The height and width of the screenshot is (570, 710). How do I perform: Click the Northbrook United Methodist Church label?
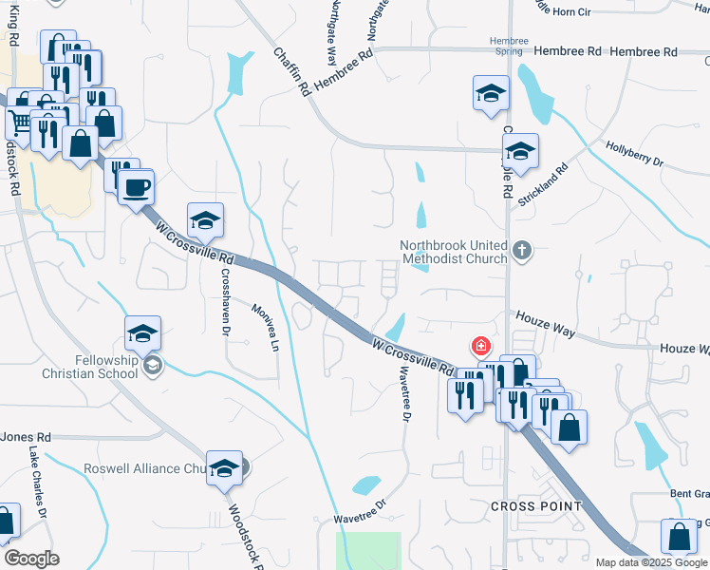click(454, 251)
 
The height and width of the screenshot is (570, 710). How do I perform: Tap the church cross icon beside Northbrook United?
click(521, 251)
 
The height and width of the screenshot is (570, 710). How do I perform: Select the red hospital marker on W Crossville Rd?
click(482, 345)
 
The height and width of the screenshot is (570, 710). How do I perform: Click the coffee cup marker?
click(137, 185)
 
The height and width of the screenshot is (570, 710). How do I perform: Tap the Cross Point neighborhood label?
click(536, 506)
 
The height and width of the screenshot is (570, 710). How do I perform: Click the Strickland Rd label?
click(548, 172)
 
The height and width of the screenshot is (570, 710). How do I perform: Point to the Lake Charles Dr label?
click(38, 480)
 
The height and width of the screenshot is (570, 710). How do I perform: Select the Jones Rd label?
click(25, 437)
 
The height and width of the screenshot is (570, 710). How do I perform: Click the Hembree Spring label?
click(508, 46)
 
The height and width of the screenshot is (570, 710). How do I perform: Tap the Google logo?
click(31, 559)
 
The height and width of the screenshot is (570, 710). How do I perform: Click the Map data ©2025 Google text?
click(652, 562)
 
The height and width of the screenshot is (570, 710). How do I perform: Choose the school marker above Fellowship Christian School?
click(142, 332)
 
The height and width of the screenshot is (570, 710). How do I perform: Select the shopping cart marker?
click(19, 121)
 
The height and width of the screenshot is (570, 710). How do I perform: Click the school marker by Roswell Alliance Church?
click(224, 468)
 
